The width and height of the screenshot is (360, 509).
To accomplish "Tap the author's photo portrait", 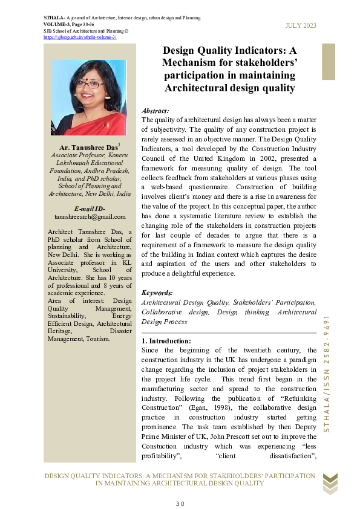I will pyautogui.click(x=88, y=97).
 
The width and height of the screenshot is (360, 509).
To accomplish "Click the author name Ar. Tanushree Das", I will pyautogui.click(x=88, y=148).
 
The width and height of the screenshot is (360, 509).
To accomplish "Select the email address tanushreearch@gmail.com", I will pyautogui.click(x=90, y=216).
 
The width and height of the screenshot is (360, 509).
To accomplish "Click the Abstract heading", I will pyautogui.click(x=155, y=112).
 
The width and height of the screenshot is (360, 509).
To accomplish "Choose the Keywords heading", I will pyautogui.click(x=157, y=293).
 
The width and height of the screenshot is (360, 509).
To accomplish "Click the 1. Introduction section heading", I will pyautogui.click(x=166, y=342).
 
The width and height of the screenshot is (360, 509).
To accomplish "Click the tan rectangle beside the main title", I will pyautogui.click(x=328, y=61).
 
